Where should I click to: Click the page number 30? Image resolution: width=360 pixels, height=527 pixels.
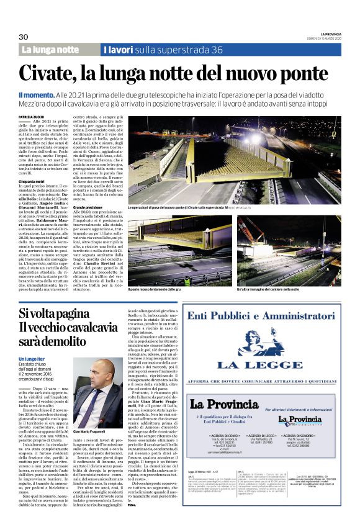tap(24, 36)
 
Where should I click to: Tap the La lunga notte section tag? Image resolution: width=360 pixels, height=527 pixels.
tap(52, 49)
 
